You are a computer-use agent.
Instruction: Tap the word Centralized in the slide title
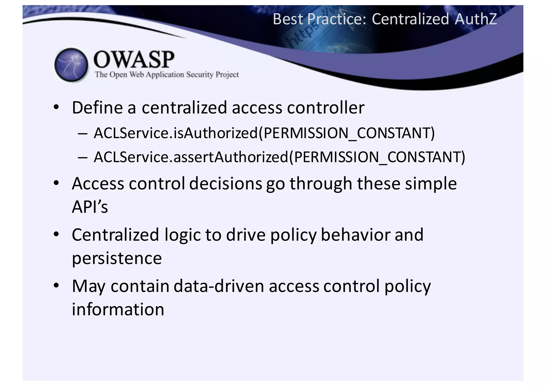(x=410, y=19)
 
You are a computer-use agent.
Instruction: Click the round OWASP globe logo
(x=71, y=65)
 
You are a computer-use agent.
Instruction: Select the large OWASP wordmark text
(x=134, y=59)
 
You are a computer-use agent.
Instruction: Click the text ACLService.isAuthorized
(x=176, y=133)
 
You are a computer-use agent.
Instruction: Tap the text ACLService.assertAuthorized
(x=191, y=157)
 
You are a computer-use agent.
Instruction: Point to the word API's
(x=90, y=207)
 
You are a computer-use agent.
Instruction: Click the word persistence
(x=117, y=258)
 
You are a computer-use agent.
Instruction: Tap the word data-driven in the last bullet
(x=219, y=286)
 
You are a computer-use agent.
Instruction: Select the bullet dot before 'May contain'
(x=56, y=286)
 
